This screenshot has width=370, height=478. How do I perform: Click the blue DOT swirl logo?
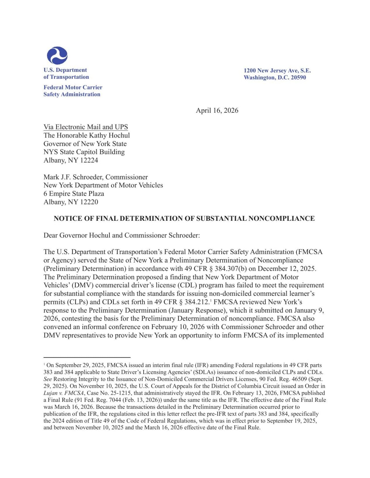(x=57, y=55)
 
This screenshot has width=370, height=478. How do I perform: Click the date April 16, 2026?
(x=217, y=110)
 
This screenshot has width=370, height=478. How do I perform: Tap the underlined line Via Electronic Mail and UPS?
(x=86, y=127)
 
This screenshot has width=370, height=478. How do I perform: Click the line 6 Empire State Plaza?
(x=74, y=194)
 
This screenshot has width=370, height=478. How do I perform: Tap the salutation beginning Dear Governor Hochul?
(x=121, y=235)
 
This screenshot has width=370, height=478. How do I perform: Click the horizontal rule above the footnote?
(x=87, y=357)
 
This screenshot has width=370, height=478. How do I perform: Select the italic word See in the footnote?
(x=47, y=379)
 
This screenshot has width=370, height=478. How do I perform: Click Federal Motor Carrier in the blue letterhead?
(x=73, y=87)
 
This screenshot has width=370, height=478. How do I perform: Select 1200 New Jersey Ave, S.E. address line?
(x=277, y=71)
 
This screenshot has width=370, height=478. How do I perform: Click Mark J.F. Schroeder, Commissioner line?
(x=95, y=177)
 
